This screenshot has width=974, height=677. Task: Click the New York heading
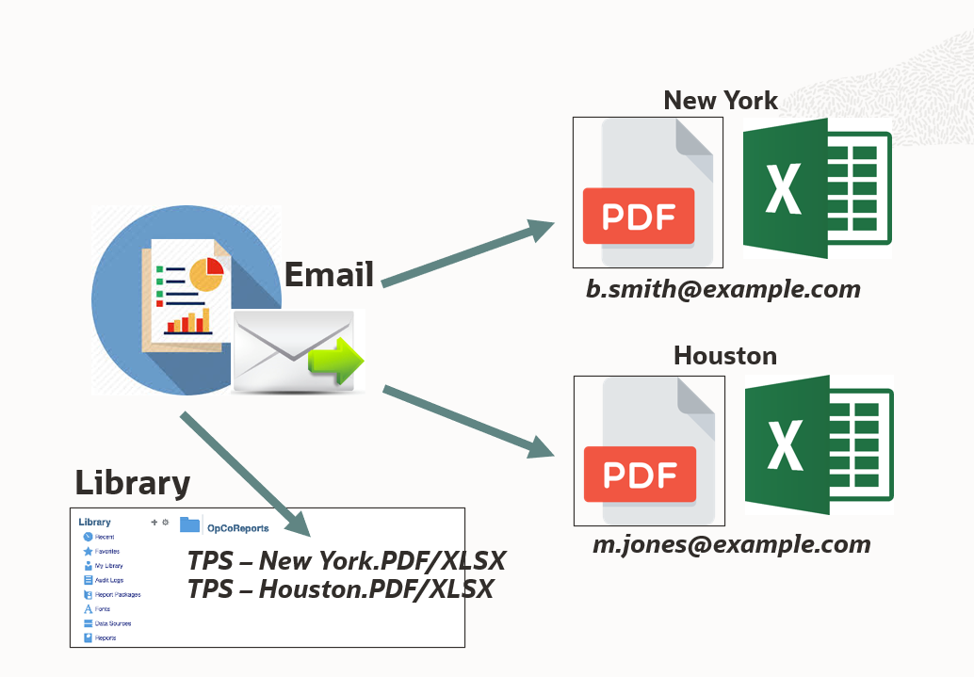[x=721, y=101]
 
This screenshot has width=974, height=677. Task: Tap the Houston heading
[x=724, y=356]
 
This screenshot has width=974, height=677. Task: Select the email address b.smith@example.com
[x=723, y=289]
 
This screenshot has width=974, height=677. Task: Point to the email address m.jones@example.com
[x=731, y=543]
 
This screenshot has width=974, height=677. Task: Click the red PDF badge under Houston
[x=641, y=474]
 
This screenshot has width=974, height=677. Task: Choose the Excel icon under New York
[x=816, y=188]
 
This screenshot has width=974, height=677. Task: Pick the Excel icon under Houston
[x=818, y=445]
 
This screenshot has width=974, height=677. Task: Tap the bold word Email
[x=329, y=275]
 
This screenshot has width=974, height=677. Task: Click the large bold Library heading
[x=133, y=483]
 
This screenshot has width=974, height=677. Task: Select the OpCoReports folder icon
[x=190, y=525]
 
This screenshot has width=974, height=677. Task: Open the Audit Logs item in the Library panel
[x=108, y=580]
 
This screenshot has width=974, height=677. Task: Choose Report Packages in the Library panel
[x=117, y=594]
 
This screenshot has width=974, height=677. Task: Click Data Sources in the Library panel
[x=112, y=623]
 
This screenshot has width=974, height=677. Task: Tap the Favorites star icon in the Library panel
[x=89, y=551]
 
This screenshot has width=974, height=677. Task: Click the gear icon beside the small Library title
[x=166, y=522]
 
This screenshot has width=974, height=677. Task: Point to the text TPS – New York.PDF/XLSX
[x=347, y=562]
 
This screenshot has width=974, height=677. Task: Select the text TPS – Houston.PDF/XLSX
[x=340, y=590]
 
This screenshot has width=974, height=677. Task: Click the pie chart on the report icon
[x=205, y=273]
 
